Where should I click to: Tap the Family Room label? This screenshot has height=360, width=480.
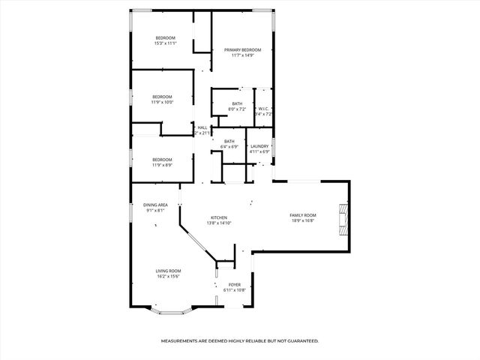pyautogui.click(x=303, y=215)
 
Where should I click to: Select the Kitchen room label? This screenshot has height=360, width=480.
pyautogui.click(x=218, y=217)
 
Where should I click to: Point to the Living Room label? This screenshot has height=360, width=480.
pyautogui.click(x=168, y=271)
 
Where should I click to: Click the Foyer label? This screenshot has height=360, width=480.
pyautogui.click(x=235, y=284)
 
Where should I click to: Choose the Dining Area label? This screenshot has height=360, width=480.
pyautogui.click(x=156, y=205)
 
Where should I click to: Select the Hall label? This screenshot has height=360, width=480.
pyautogui.click(x=202, y=127)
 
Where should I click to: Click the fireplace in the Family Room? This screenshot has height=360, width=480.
pyautogui.click(x=343, y=219)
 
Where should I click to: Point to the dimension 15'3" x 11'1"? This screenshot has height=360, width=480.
pyautogui.click(x=165, y=43)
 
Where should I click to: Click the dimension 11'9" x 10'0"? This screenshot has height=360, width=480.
pyautogui.click(x=162, y=102)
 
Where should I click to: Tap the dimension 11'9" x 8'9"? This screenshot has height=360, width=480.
pyautogui.click(x=162, y=165)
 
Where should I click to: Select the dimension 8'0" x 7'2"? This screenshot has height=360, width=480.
pyautogui.click(x=237, y=109)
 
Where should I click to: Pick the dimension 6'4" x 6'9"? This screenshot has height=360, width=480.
pyautogui.click(x=229, y=147)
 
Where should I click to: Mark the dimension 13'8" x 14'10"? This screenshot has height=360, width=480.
pyautogui.click(x=218, y=223)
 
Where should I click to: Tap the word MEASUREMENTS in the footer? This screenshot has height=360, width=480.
pyautogui.click(x=181, y=340)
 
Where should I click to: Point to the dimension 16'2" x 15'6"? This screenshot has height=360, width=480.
pyautogui.click(x=168, y=277)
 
